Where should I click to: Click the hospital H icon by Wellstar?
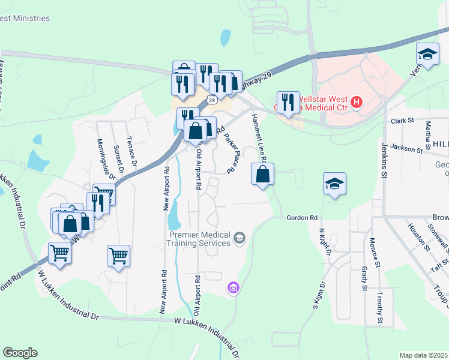[x=357, y=103]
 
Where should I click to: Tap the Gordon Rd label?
[x=301, y=218]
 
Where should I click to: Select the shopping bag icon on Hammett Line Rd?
[x=263, y=175]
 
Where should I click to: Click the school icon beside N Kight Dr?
[x=334, y=184]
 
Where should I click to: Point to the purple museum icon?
[x=234, y=289]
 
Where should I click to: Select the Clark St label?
[x=403, y=121]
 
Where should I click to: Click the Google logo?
[x=20, y=353]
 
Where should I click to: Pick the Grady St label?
[x=364, y=279]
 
